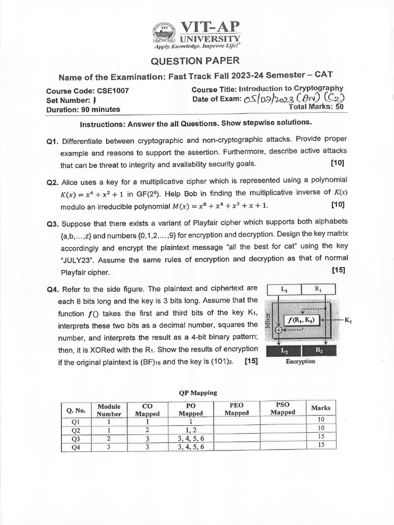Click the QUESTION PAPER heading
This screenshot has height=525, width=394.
click(x=194, y=61)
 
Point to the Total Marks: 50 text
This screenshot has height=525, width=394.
click(x=316, y=108)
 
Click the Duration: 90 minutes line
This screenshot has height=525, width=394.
click(x=83, y=109)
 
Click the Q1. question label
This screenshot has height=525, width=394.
click(x=53, y=140)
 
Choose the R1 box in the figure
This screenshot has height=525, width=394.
click(x=319, y=289)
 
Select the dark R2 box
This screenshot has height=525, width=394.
click(x=319, y=350)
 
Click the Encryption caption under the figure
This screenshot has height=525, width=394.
click(x=300, y=361)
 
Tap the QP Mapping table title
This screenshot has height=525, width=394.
click(x=198, y=393)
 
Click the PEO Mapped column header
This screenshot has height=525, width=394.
click(x=237, y=409)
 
